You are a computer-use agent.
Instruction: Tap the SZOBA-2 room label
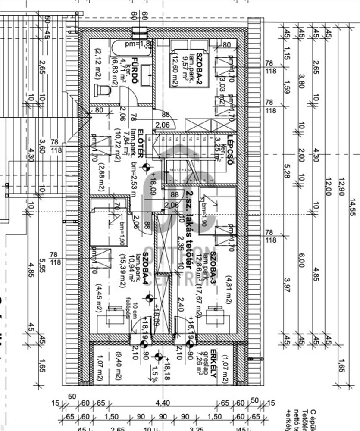[200, 64]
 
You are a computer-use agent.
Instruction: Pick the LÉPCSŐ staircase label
[230, 151]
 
